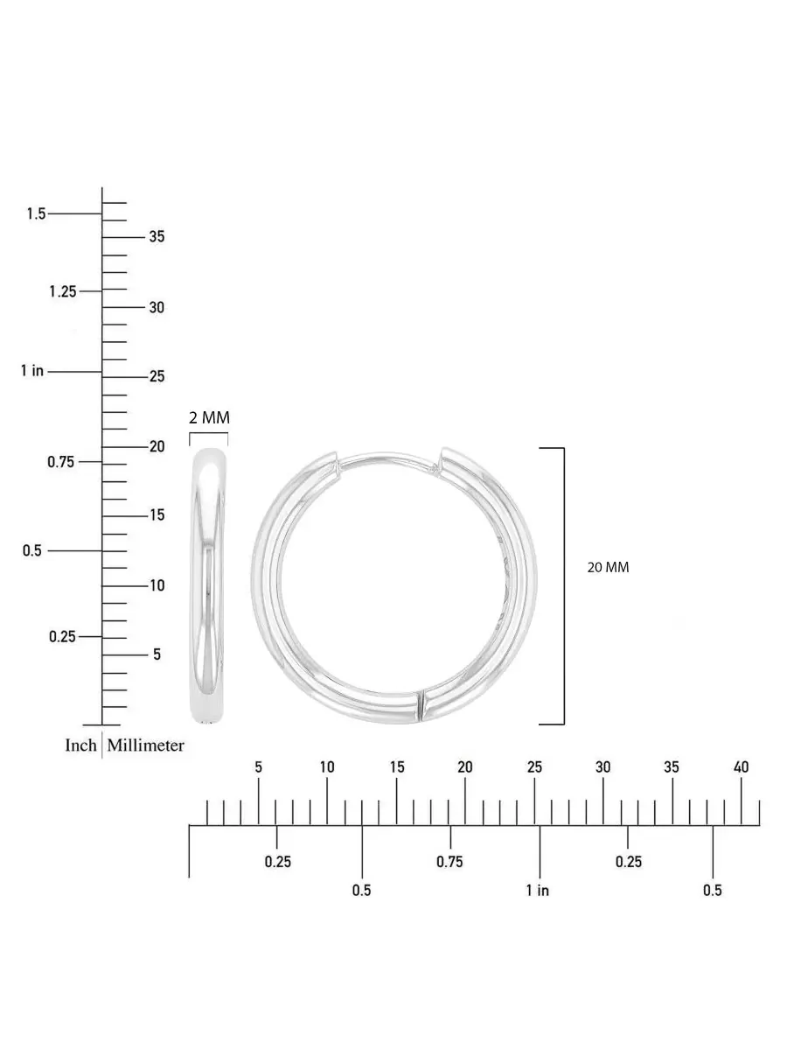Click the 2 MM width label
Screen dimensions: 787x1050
209,417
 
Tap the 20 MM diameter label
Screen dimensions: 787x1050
608,567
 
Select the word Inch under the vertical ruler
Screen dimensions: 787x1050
80,745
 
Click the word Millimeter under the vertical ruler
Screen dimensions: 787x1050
145,745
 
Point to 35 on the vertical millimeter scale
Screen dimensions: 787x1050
157,236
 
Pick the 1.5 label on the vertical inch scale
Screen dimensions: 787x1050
37,213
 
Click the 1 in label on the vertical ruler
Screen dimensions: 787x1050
32,371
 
